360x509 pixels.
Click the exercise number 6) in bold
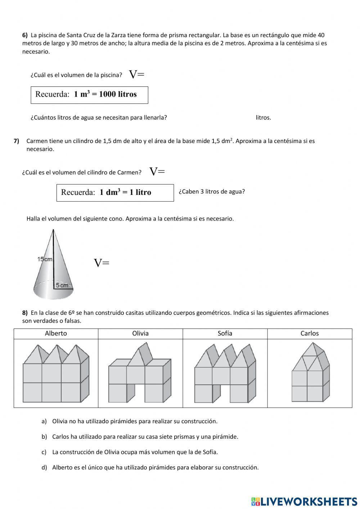[25, 35]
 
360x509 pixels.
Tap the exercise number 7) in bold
[16, 141]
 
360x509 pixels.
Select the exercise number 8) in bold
[25, 313]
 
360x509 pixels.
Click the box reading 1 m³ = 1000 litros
[89, 95]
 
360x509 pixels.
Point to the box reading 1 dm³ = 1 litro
[115, 192]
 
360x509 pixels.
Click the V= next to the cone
[102, 263]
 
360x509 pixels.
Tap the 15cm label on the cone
[45, 259]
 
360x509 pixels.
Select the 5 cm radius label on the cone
[62, 285]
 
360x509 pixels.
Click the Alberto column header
[56, 334]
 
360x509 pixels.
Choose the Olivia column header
[140, 334]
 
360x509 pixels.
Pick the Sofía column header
[225, 334]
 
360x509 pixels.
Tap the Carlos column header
[310, 334]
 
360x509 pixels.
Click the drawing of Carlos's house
[310, 373]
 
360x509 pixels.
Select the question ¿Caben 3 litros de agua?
[212, 192]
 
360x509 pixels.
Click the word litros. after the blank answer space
[263, 118]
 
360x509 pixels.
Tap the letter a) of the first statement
[44, 421]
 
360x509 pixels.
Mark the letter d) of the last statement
[44, 468]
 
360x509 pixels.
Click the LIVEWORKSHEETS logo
[304, 501]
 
